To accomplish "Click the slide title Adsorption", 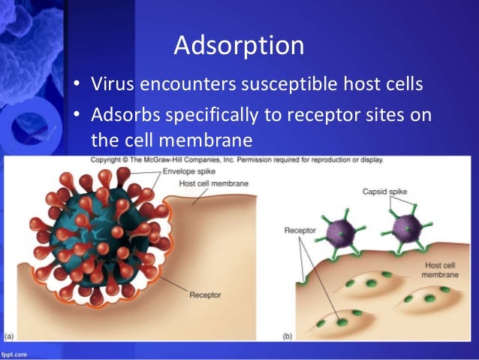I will [x=239, y=46].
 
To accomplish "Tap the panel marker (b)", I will [x=288, y=335].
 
